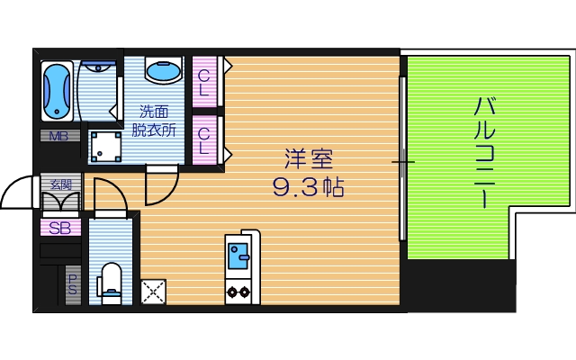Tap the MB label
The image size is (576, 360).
[58, 137]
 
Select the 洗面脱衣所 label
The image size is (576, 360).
[155, 121]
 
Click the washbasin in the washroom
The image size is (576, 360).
[162, 71]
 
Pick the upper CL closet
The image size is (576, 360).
[204, 82]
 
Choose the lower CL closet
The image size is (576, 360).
[204, 140]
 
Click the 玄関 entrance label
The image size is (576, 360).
[61, 184]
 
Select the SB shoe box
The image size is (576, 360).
[60, 228]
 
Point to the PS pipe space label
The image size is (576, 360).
[72, 285]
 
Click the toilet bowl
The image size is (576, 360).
[111, 280]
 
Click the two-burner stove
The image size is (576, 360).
[239, 292]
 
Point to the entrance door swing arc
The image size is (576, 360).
[18, 190]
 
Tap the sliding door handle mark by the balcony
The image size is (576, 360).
[402, 162]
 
